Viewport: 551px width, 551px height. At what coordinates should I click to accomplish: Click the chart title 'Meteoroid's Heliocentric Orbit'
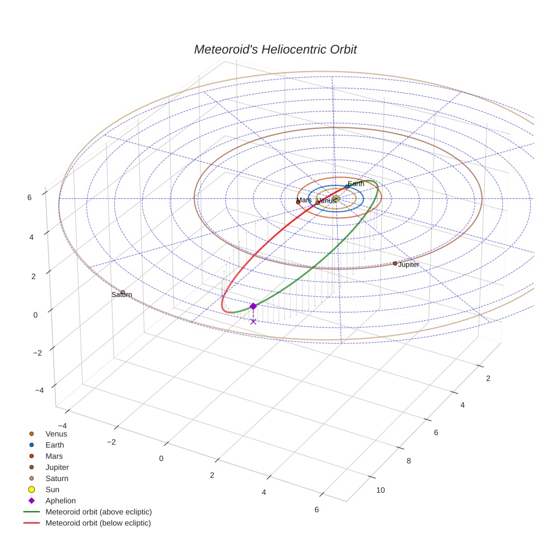tap(275, 49)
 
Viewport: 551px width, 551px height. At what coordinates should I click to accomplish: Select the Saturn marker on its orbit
tap(123, 292)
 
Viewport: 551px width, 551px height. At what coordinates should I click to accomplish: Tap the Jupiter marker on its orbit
tap(395, 263)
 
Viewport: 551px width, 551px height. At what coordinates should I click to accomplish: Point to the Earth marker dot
tap(347, 186)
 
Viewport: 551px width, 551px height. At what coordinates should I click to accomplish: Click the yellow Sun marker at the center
tap(336, 198)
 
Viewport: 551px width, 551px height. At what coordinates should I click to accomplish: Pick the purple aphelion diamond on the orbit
tap(253, 306)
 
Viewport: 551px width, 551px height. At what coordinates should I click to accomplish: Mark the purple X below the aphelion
tap(253, 321)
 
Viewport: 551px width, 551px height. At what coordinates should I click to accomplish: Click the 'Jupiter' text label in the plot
tap(408, 264)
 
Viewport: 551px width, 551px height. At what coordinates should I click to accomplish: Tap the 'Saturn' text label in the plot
tap(122, 295)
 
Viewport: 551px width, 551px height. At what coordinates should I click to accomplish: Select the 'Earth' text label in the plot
tap(356, 184)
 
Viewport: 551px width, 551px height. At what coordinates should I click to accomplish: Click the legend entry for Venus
tap(56, 433)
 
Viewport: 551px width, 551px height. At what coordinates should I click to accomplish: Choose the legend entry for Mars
tap(54, 456)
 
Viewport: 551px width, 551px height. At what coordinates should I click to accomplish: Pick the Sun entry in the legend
tap(52, 489)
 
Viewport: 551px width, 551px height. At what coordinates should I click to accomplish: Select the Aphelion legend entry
tap(60, 501)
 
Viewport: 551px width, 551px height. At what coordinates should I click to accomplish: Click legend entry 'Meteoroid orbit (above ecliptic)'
tap(99, 512)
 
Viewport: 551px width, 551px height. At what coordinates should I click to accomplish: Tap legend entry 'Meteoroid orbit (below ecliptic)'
tap(98, 523)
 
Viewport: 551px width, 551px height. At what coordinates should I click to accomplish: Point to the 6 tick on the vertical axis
tap(36, 197)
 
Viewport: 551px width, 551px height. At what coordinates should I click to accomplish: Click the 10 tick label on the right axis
tap(380, 490)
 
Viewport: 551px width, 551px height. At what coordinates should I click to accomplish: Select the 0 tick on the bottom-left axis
tap(161, 458)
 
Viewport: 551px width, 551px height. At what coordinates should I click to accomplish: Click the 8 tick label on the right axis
tap(408, 461)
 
